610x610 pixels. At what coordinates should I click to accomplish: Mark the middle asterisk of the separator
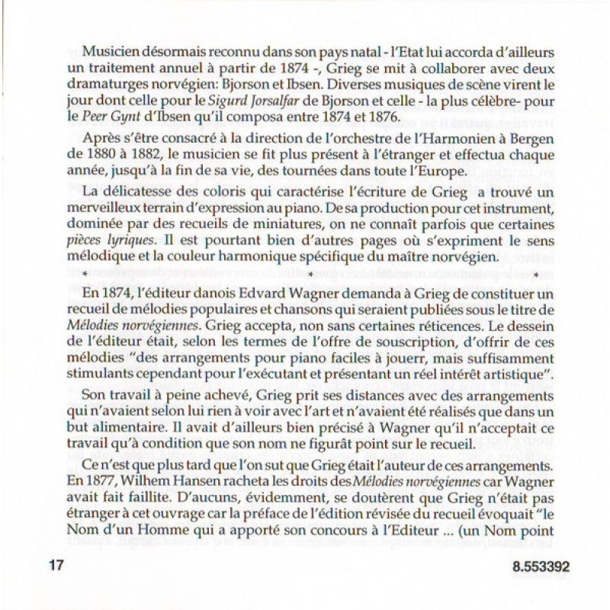(310, 274)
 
